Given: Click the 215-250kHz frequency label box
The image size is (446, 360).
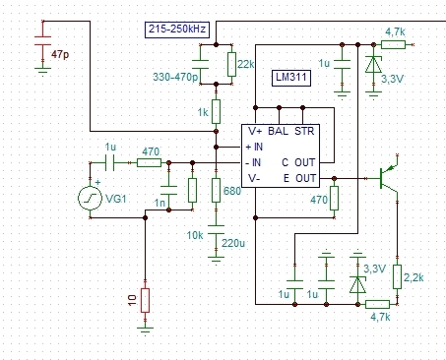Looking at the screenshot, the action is [177, 30].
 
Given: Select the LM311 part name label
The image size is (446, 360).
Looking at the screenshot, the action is [291, 78].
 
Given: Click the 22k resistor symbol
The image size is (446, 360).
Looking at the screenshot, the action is [231, 64].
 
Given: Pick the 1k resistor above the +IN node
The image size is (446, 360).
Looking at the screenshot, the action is [216, 112].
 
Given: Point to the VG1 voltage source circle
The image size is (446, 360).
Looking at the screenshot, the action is [90, 198].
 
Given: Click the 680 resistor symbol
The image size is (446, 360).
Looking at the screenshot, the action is [216, 190].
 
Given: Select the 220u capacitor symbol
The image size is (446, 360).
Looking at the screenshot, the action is [216, 229].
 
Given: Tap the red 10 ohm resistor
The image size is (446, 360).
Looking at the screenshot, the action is [145, 300].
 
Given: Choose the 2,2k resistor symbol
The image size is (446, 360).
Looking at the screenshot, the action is [397, 276].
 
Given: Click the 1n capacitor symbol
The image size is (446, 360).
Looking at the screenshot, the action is [168, 190].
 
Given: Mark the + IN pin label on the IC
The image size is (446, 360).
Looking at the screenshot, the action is [254, 147].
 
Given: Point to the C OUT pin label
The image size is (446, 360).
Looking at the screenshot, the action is [298, 162].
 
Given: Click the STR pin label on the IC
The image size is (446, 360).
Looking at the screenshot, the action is [304, 131].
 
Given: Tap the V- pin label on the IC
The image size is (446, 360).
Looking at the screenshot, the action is [254, 178].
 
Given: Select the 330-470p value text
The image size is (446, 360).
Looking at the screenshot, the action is [175, 77].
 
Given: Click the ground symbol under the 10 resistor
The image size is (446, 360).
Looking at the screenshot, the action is [145, 330].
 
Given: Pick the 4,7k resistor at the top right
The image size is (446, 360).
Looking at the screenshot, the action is [393, 44].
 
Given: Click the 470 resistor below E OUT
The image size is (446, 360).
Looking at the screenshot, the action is [334, 198].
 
